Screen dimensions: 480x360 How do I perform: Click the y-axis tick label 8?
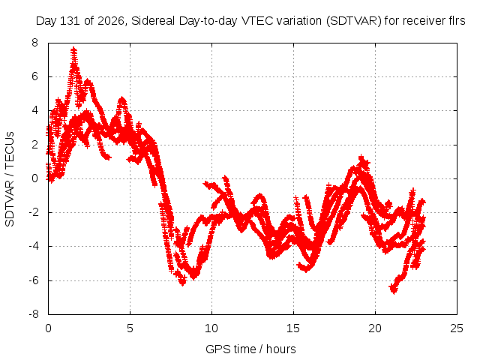point(34,43)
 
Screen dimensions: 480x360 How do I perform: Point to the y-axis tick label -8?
point(34,314)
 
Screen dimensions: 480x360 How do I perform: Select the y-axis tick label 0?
point(34,178)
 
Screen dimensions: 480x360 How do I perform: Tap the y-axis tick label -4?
point(34,247)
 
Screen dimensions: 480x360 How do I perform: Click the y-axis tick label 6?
point(34,76)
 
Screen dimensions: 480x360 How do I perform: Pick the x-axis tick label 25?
point(457,328)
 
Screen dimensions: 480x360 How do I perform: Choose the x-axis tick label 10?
point(211,328)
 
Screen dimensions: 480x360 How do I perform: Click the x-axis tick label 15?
point(293,328)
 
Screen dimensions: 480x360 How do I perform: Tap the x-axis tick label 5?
point(130,328)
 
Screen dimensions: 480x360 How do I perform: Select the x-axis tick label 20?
point(375,328)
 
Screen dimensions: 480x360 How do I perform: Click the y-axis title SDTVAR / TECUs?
point(10,179)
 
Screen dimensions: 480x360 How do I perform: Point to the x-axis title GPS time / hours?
point(250,349)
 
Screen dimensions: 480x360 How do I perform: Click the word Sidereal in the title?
point(153,21)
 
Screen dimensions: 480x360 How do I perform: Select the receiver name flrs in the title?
point(456,21)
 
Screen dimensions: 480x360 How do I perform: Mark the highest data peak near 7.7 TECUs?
point(73,49)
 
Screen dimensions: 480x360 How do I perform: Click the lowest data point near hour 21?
point(394,292)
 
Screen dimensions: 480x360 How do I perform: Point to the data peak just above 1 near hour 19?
point(361,157)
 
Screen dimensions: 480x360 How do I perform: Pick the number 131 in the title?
point(70,21)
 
